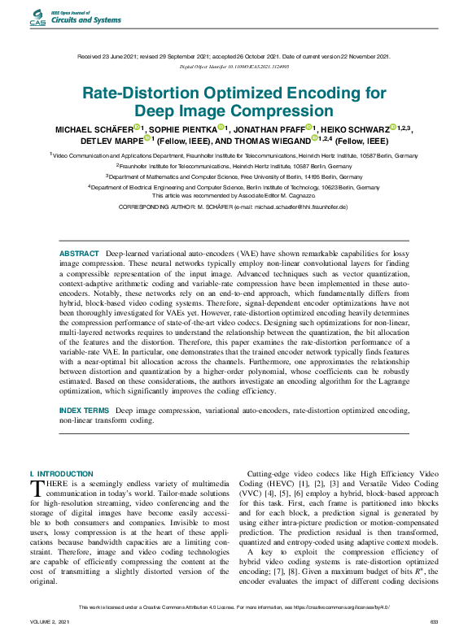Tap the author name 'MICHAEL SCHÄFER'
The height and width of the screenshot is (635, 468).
94,128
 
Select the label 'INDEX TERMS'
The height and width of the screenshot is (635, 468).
84,411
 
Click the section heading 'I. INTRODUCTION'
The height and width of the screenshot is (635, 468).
61,473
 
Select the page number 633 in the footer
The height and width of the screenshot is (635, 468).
433,621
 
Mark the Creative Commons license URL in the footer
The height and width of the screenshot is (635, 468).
352,607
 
